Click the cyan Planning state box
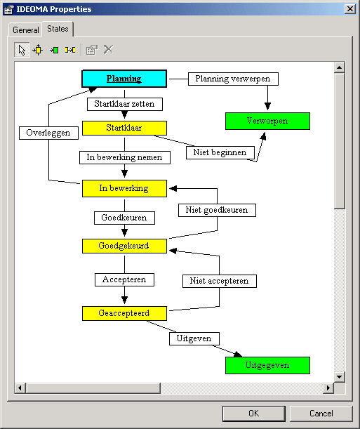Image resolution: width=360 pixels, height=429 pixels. pyautogui.click(x=124, y=79)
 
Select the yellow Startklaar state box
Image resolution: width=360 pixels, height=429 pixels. pyautogui.click(x=124, y=128)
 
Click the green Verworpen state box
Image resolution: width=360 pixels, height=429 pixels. pyautogui.click(x=267, y=121)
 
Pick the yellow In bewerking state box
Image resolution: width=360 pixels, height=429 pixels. pyautogui.click(x=124, y=188)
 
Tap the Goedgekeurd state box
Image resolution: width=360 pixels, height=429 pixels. pyautogui.click(x=124, y=246)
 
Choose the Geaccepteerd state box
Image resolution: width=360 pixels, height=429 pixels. pyautogui.click(x=124, y=313)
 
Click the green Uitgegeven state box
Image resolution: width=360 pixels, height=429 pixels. pyautogui.click(x=267, y=365)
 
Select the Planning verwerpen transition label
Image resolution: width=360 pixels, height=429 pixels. pyautogui.click(x=233, y=79)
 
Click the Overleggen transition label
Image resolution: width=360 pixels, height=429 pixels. pyautogui.click(x=48, y=133)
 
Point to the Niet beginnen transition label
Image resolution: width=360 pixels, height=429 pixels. pyautogui.click(x=220, y=152)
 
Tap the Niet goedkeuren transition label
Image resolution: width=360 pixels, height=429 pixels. pyautogui.click(x=217, y=210)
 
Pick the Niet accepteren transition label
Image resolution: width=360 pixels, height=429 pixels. pyautogui.click(x=220, y=281)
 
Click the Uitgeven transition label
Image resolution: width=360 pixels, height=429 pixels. pyautogui.click(x=194, y=338)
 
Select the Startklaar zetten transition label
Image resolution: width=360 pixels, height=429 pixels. pyautogui.click(x=125, y=104)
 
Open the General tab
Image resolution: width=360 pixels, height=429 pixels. pyautogui.click(x=26, y=29)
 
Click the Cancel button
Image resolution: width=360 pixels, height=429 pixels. pyautogui.click(x=321, y=414)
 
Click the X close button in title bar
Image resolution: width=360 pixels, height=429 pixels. pyautogui.click(x=350, y=9)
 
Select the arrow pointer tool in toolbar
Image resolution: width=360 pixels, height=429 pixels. pyautogui.click(x=22, y=50)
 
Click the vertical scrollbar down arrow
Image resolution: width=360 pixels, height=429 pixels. pyautogui.click(x=339, y=377)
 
